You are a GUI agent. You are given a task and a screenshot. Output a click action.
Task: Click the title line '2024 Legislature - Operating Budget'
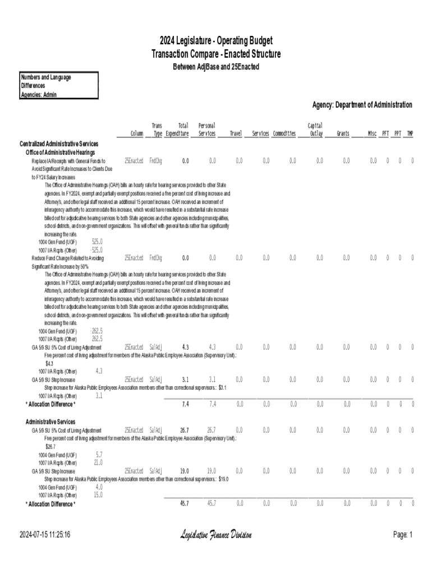[x=216, y=41]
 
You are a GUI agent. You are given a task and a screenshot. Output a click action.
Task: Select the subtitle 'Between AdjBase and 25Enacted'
[x=216, y=67]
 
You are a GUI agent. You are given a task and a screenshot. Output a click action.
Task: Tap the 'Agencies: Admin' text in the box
[x=39, y=94]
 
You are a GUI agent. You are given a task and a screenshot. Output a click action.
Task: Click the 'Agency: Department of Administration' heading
[x=362, y=105]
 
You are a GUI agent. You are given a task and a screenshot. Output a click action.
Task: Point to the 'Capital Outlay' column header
[x=315, y=129]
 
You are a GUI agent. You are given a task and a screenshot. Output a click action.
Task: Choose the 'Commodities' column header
[x=284, y=133]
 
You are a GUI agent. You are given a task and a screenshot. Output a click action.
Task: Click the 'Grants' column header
[x=342, y=133]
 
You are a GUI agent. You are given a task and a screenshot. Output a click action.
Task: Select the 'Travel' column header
[x=236, y=133]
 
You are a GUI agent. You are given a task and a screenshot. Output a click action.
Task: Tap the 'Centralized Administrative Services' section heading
[x=59, y=143]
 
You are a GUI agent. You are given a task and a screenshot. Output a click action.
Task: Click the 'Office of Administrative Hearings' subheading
[x=60, y=152]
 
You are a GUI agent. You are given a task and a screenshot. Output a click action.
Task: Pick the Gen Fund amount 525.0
[x=96, y=242]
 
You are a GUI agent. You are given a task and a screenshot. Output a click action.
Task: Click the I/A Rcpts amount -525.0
[x=96, y=250]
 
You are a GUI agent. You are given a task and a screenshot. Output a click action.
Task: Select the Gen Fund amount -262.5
[x=96, y=331]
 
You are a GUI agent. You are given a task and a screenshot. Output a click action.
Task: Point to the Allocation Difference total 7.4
[x=185, y=404]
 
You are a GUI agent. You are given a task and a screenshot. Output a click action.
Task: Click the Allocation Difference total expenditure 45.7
[x=184, y=504]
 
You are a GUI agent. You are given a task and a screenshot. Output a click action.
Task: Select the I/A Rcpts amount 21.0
[x=98, y=463]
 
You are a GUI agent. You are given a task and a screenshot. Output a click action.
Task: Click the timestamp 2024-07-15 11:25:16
[x=44, y=535]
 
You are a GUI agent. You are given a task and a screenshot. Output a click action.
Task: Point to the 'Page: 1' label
[x=403, y=535]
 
